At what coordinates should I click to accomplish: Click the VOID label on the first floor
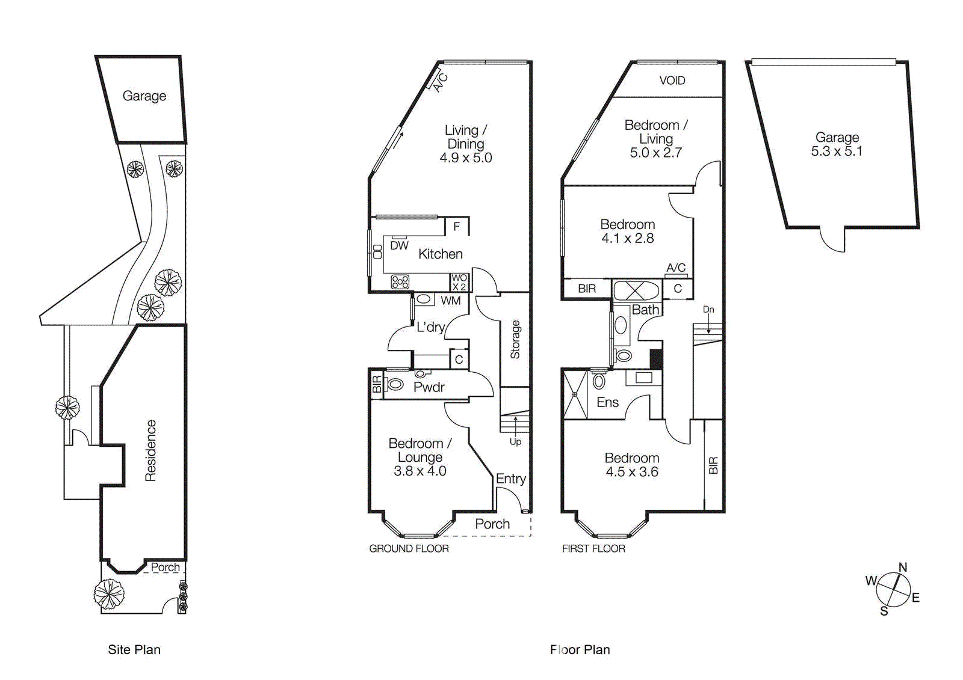click(672, 81)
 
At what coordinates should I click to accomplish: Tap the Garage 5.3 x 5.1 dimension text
click(836, 152)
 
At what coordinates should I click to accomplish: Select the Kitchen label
click(440, 254)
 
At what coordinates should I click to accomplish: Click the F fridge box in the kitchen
click(457, 227)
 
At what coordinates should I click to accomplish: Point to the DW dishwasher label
click(399, 245)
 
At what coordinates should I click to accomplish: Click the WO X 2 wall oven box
click(459, 282)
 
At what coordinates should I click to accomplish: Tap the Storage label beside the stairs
click(515, 340)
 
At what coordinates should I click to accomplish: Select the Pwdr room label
click(429, 388)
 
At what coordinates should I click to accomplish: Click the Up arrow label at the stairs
click(515, 441)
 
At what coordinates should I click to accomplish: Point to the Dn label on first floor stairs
click(708, 310)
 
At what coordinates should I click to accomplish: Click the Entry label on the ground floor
click(510, 479)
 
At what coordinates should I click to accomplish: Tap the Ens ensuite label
click(607, 403)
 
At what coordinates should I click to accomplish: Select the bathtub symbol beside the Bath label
click(636, 290)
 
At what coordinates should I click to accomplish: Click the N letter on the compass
click(902, 568)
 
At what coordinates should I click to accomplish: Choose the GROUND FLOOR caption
click(409, 549)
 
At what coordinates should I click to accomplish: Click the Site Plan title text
click(134, 650)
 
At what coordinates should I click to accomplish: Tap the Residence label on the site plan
click(150, 450)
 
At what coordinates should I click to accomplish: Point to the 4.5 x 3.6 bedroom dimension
click(631, 472)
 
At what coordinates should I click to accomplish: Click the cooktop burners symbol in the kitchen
click(400, 282)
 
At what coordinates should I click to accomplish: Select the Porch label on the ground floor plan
click(492, 524)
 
